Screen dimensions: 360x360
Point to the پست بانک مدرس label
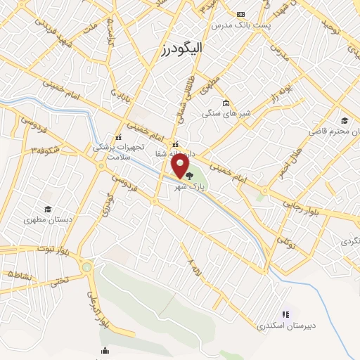click(242, 25)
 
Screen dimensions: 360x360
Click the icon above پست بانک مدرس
click(241, 14)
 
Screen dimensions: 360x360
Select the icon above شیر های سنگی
click(225, 103)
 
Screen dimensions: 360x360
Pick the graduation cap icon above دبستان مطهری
click(47, 209)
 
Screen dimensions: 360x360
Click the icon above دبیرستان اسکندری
click(285, 315)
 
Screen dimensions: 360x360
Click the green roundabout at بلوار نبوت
click(86, 267)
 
